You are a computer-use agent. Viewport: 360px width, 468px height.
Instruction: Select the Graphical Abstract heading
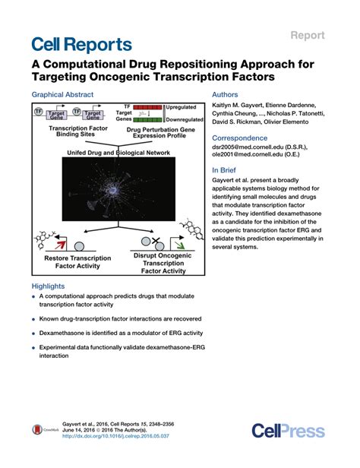pyautogui.click(x=62, y=95)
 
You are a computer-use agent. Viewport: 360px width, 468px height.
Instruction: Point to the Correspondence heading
pyautogui.click(x=240, y=138)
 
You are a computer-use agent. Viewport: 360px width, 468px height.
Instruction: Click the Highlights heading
pyautogui.click(x=49, y=286)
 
